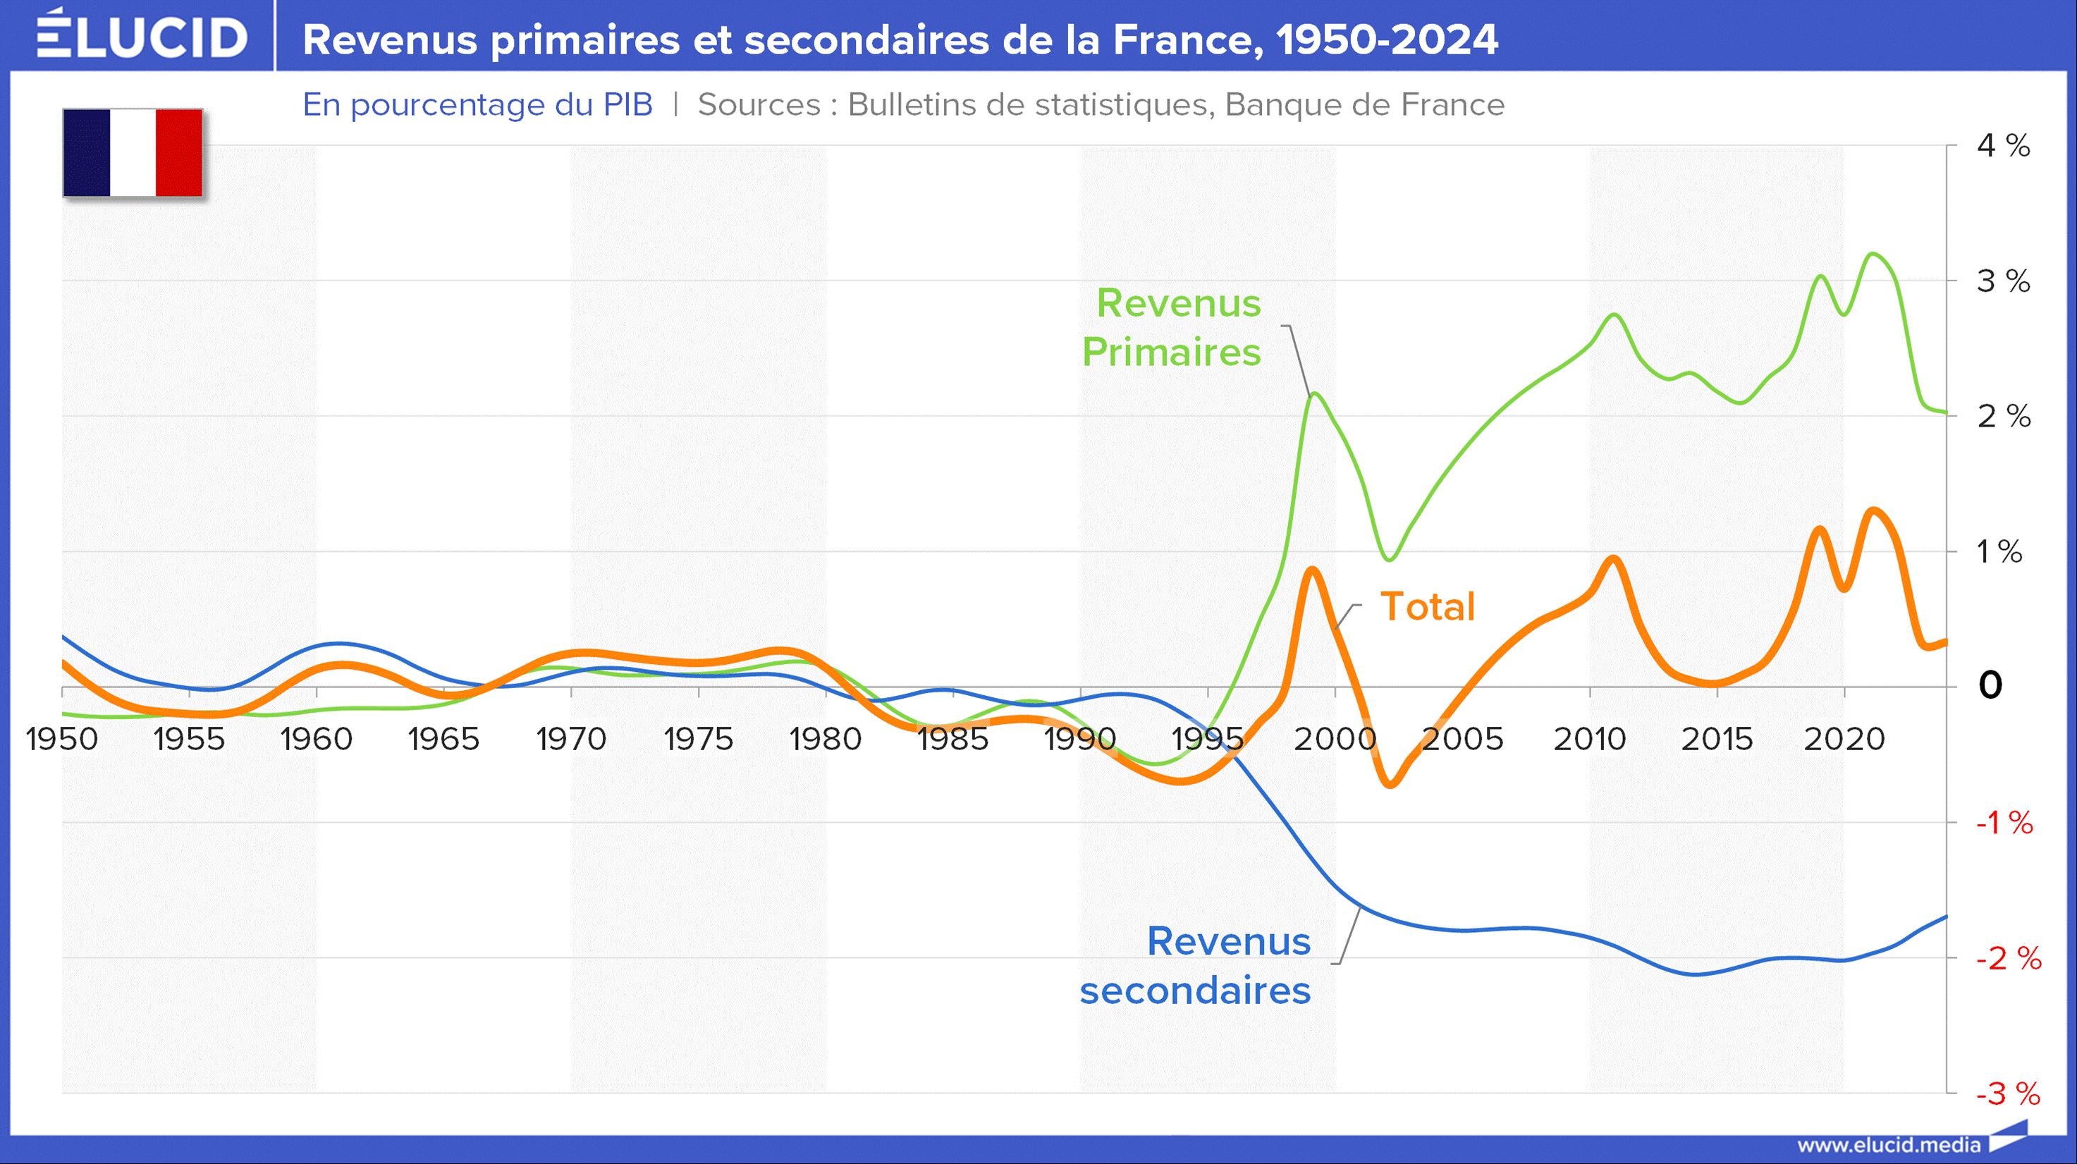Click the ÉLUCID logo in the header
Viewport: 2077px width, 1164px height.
(142, 35)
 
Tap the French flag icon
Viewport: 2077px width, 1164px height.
(133, 152)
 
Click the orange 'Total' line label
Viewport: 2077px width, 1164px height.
(1427, 606)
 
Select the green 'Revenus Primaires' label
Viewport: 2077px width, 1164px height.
(1172, 327)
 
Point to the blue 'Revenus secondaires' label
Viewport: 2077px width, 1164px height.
(1196, 965)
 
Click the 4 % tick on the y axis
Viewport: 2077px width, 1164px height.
(2003, 146)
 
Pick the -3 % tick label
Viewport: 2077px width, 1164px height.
(2007, 1094)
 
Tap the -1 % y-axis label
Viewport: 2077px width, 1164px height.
(2004, 823)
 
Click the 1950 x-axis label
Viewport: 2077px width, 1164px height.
(62, 738)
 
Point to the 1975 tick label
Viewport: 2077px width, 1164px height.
(698, 738)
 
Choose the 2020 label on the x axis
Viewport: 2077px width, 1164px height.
(1844, 738)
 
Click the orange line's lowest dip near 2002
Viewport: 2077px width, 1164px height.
(1391, 783)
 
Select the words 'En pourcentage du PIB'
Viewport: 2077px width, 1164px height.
(477, 105)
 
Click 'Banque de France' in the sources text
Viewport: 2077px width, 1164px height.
(1364, 105)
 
